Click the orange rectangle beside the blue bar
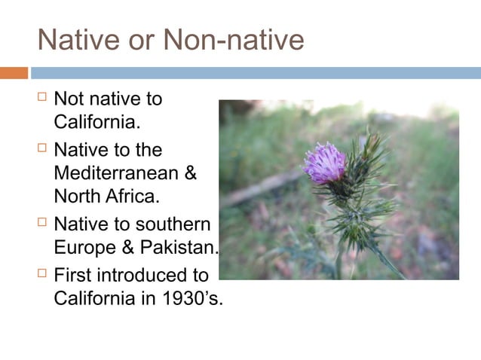pyautogui.click(x=14, y=73)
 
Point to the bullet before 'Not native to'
pyautogui.click(x=41, y=98)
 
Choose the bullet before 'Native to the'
pyautogui.click(x=41, y=148)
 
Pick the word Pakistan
pyautogui.click(x=177, y=247)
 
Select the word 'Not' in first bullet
pyautogui.click(x=69, y=99)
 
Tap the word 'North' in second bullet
pyautogui.click(x=76, y=197)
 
